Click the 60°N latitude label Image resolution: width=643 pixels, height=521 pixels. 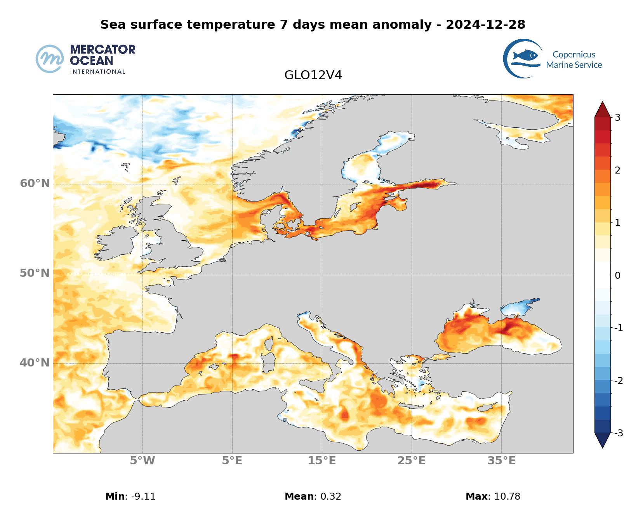[x=35, y=183]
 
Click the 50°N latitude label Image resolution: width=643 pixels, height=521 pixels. [x=35, y=273]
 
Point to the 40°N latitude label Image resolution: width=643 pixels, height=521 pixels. [x=35, y=363]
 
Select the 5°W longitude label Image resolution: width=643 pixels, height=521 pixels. [x=143, y=461]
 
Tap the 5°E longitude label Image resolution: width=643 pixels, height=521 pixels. [x=232, y=461]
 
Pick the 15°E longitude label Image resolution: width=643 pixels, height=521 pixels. [x=322, y=461]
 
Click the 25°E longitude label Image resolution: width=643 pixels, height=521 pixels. [x=412, y=461]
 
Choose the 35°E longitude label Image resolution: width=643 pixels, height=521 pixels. [x=501, y=461]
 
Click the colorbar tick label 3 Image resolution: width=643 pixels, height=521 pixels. [x=617, y=118]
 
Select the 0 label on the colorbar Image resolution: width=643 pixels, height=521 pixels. [x=617, y=276]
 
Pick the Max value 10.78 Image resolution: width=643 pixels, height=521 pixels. [x=507, y=496]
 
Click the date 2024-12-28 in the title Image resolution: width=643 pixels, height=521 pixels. [x=485, y=24]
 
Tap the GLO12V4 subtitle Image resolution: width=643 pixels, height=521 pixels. [x=313, y=75]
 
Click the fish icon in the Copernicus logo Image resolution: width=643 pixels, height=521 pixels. [x=525, y=56]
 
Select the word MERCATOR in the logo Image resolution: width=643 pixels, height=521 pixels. [x=103, y=49]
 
